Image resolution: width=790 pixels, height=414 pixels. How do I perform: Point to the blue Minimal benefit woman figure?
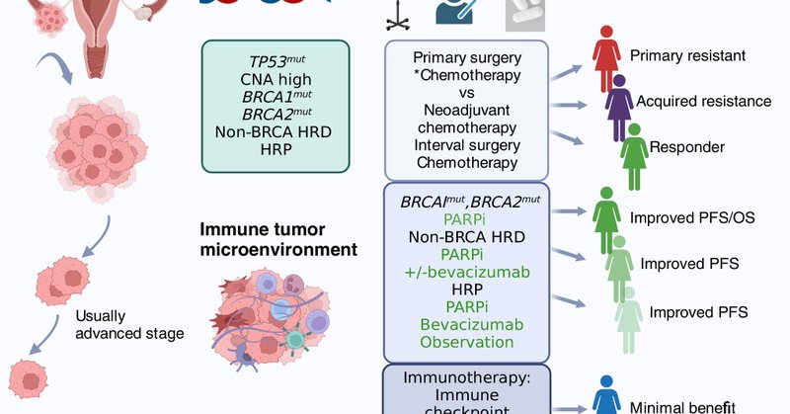click(604, 400)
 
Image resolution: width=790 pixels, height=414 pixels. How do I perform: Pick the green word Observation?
click(466, 342)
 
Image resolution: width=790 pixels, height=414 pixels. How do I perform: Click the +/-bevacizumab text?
click(466, 271)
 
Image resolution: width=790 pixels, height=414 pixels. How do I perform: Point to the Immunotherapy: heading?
click(465, 377)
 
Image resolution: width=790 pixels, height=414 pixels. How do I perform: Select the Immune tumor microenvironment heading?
click(278, 239)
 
